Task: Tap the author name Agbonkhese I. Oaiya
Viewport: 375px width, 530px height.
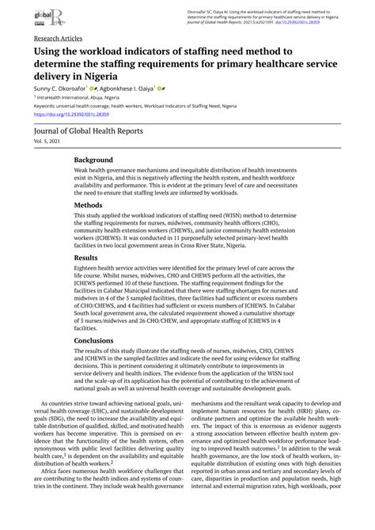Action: click(146, 89)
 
